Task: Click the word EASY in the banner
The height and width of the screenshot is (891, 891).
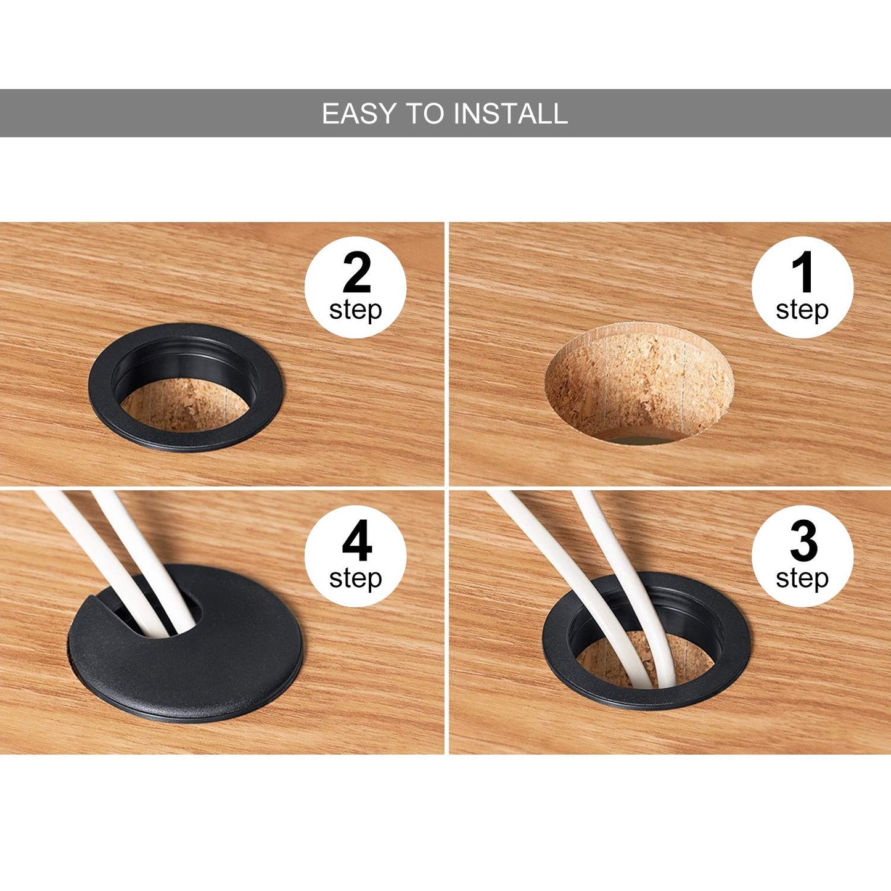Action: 359,113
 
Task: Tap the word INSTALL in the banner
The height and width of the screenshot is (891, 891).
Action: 511,113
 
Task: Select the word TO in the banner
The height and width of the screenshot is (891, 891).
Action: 425,113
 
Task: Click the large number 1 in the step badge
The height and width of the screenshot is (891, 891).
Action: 802,272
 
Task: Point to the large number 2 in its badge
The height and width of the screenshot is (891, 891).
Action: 356,272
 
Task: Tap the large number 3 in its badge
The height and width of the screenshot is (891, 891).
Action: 803,540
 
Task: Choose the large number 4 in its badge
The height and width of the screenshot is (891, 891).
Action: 357,540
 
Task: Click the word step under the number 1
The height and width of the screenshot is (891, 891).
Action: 802,311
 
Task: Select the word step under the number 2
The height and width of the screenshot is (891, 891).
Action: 356,311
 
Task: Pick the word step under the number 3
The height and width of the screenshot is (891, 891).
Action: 802,579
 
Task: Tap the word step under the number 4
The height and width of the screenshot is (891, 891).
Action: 356,579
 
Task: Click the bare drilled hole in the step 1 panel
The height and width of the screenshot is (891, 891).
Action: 639,383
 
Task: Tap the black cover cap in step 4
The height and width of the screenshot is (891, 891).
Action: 185,670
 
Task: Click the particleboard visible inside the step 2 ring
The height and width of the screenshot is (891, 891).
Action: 185,404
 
